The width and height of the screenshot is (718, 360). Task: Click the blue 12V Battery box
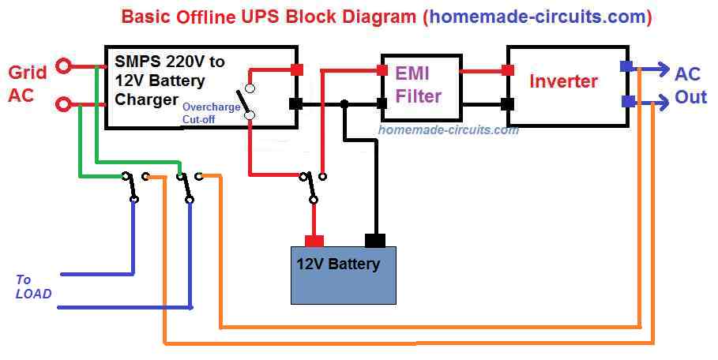[x=343, y=275]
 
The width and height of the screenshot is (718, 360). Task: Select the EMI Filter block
[x=421, y=86]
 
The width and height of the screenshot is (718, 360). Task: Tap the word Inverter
[x=563, y=81]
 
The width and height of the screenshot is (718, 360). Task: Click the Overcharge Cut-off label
[x=211, y=112]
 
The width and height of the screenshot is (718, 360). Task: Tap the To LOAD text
[x=32, y=287]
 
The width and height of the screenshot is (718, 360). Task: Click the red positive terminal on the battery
[x=314, y=240]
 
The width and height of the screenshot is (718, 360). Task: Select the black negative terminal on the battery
[x=375, y=240]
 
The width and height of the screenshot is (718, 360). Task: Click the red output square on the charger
[x=297, y=69]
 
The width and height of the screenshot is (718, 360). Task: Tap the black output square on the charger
[x=297, y=103]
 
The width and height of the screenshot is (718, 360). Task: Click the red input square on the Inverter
[x=507, y=70]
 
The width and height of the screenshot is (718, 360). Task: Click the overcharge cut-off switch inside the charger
[x=250, y=102]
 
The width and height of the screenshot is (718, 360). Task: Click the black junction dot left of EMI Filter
[x=344, y=103]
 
